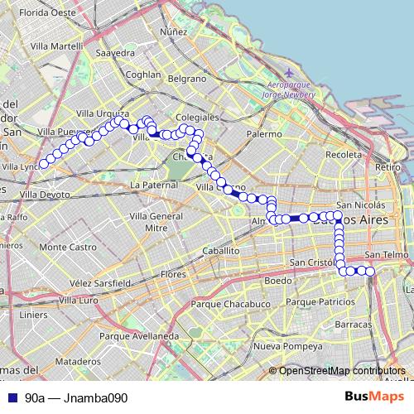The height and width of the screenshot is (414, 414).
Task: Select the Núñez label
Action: pyautogui.click(x=174, y=31)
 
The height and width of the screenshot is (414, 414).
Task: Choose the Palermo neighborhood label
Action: pyautogui.click(x=263, y=133)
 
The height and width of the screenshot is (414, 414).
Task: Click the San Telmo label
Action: pyautogui.click(x=386, y=255)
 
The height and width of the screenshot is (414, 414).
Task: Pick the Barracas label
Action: pyautogui.click(x=354, y=324)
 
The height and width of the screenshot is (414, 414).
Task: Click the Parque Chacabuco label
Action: pyautogui.click(x=226, y=304)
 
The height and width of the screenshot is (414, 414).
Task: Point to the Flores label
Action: pyautogui.click(x=174, y=273)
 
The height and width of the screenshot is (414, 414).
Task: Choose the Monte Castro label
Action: pyautogui.click(x=68, y=247)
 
